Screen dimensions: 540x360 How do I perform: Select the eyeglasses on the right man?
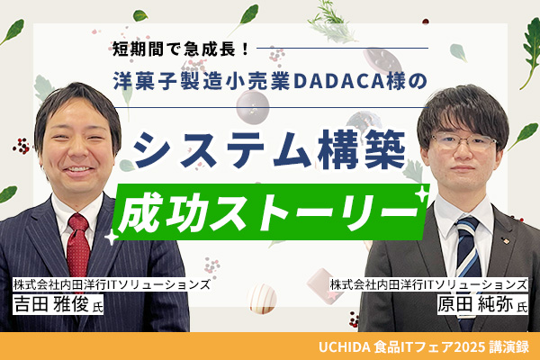click(x=463, y=141)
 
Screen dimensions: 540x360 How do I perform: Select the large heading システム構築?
click(x=269, y=150)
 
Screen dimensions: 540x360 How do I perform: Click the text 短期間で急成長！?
click(x=181, y=49)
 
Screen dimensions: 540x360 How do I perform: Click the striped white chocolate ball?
click(x=262, y=298)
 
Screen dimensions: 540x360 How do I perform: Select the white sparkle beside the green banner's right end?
click(x=421, y=194)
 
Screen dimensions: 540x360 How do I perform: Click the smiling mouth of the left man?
click(x=78, y=169)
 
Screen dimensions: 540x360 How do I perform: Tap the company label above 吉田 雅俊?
click(x=112, y=284)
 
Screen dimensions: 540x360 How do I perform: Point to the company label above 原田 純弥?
click(x=428, y=284)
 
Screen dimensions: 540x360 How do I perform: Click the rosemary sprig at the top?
click(x=331, y=22)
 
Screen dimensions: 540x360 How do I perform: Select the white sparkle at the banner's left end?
click(x=111, y=238)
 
